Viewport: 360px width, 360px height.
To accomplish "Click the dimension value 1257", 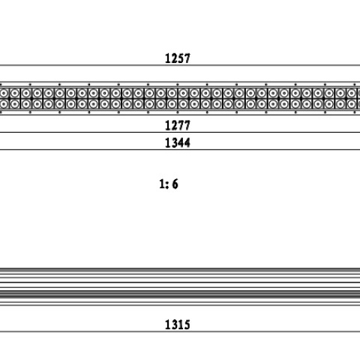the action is coord(178,58).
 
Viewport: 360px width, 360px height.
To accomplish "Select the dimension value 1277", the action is coord(178,125).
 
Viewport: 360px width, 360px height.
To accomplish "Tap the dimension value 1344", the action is coord(178,142).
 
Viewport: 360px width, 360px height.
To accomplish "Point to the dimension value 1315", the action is coord(178,325).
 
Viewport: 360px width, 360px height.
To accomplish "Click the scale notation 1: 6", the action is coord(169,184).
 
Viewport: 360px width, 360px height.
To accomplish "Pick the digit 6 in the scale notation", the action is coord(175,184).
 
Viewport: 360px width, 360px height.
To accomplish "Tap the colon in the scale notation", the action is coord(167,184).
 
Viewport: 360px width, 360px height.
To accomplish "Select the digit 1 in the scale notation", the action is coord(162,184).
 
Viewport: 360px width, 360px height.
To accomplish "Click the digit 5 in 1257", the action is coord(181,58).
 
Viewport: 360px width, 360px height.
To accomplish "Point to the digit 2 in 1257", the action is coord(174,58).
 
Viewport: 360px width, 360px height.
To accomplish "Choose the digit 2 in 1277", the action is coord(174,125).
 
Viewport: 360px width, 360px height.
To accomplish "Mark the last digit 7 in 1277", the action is coord(187,125).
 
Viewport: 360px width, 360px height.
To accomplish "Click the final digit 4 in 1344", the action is coord(187,142).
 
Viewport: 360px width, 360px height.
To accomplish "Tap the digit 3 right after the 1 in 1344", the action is coord(174,142).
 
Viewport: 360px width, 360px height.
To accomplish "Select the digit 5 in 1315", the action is coord(187,325).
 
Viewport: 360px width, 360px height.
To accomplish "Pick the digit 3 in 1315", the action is coord(174,325).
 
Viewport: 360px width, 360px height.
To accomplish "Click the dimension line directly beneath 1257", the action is coord(180,65).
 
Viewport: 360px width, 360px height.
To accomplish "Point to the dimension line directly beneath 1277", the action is coord(180,132).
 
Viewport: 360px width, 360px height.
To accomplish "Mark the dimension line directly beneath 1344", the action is coord(180,150).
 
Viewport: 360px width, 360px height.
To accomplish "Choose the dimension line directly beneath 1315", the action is coord(180,331).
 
